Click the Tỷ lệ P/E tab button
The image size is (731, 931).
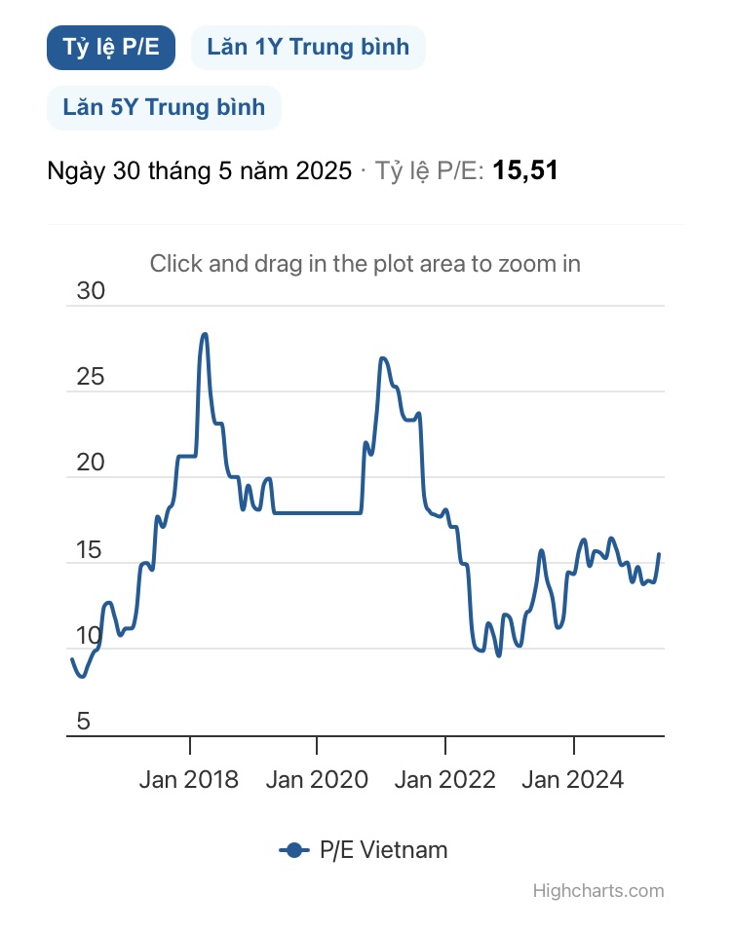click(110, 48)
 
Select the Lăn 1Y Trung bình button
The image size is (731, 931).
click(308, 48)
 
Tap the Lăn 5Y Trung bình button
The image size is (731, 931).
click(164, 107)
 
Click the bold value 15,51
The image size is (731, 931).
click(525, 171)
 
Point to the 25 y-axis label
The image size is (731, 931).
click(90, 378)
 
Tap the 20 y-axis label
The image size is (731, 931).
click(90, 464)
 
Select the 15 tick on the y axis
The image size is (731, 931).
click(90, 550)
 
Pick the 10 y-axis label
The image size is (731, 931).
click(90, 636)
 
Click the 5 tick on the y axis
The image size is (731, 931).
click(84, 722)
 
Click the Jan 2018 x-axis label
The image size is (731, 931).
click(188, 779)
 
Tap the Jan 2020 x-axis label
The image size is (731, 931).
click(317, 779)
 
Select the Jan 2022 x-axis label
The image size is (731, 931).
click(445, 779)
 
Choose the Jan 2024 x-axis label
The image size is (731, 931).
click(573, 779)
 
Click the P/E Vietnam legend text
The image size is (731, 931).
click(384, 850)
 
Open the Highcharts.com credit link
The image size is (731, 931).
click(598, 891)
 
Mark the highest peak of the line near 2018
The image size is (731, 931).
click(205, 334)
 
